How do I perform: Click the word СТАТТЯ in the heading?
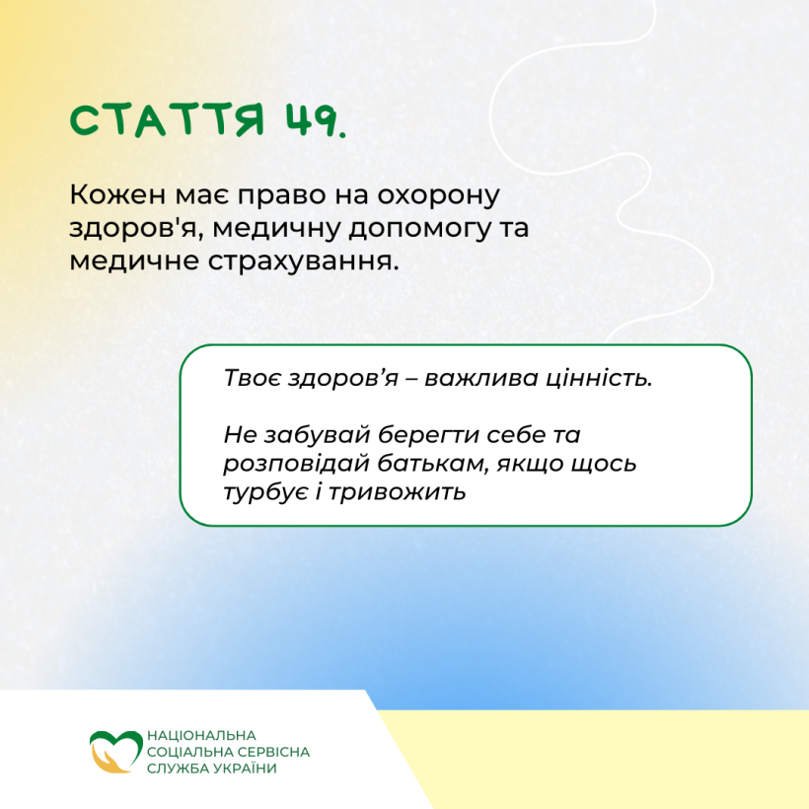coord(168,120)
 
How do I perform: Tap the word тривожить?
coord(398,492)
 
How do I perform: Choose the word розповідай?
coord(297,464)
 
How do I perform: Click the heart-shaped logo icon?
coord(115,751)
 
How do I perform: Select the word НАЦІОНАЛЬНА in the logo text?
coord(201,735)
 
